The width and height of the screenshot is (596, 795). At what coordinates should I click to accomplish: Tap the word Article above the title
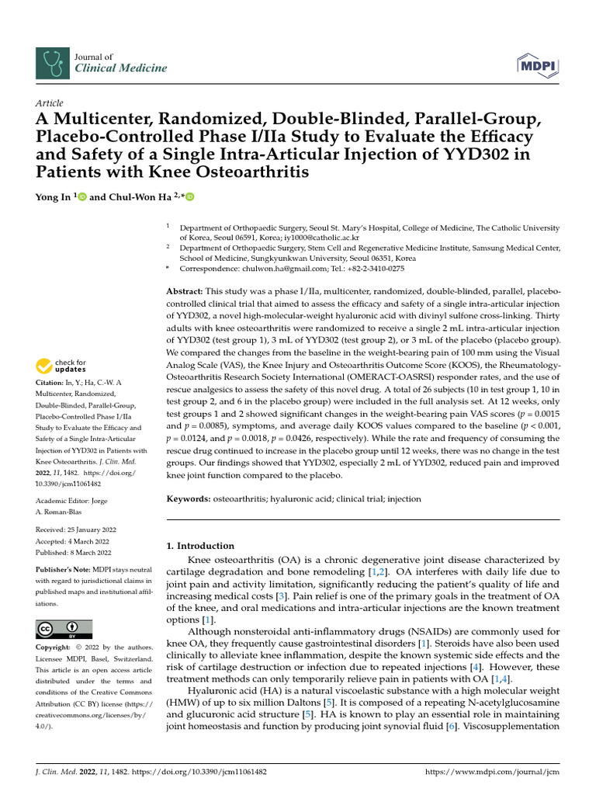point(50,103)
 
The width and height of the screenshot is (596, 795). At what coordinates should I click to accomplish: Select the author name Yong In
point(54,197)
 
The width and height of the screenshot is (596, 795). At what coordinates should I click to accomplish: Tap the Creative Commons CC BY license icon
point(64,629)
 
